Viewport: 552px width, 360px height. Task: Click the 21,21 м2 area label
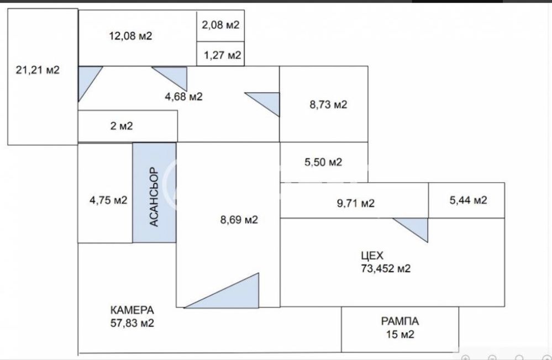[38, 70]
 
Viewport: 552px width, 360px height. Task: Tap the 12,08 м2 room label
[130, 36]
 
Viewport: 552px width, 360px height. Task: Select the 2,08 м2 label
[220, 25]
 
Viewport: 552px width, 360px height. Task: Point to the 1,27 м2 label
[223, 55]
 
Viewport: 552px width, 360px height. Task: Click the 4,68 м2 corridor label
[184, 97]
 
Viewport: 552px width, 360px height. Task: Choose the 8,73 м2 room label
[328, 104]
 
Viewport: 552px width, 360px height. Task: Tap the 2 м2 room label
[122, 126]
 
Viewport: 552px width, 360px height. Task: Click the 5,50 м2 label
[323, 162]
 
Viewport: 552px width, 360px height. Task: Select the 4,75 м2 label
[108, 200]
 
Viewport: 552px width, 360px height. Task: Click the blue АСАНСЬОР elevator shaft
[154, 193]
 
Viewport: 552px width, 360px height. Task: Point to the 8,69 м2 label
[239, 220]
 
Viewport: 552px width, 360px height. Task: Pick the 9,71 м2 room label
[356, 203]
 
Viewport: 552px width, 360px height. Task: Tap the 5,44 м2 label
[469, 200]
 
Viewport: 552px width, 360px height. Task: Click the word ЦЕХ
[372, 256]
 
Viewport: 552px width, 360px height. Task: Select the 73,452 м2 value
[386, 268]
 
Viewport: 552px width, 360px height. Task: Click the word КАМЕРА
[132, 310]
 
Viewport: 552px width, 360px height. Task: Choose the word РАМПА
[400, 321]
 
